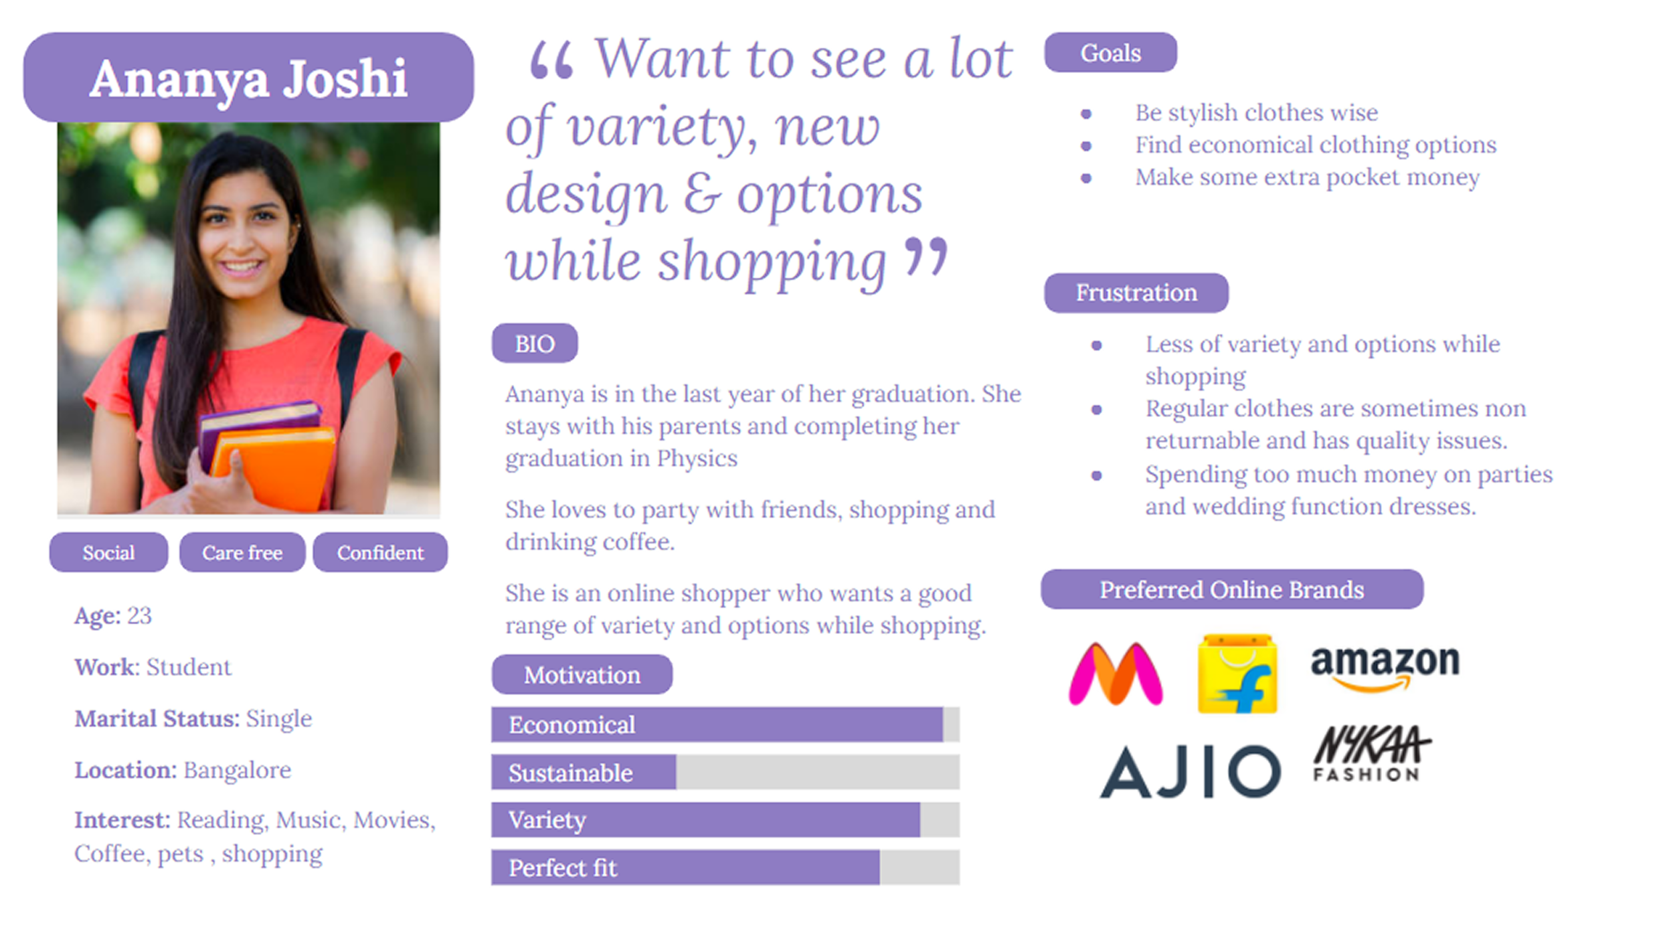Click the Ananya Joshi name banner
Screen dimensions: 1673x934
point(248,77)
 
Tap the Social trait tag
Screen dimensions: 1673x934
point(108,552)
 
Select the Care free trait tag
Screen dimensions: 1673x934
point(242,552)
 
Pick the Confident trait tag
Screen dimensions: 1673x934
point(380,552)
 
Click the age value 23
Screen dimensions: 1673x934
point(139,615)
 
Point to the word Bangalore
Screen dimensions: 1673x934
point(237,770)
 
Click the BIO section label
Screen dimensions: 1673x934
point(535,343)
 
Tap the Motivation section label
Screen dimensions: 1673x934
point(582,674)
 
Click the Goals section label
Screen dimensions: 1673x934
point(1111,52)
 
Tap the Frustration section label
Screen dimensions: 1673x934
point(1136,293)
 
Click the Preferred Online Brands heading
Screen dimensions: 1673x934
point(1232,589)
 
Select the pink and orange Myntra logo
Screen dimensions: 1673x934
point(1116,674)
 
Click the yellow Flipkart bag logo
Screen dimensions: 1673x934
point(1237,674)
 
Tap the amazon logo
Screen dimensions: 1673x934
point(1385,668)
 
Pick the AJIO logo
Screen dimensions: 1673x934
point(1191,771)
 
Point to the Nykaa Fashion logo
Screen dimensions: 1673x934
point(1372,753)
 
